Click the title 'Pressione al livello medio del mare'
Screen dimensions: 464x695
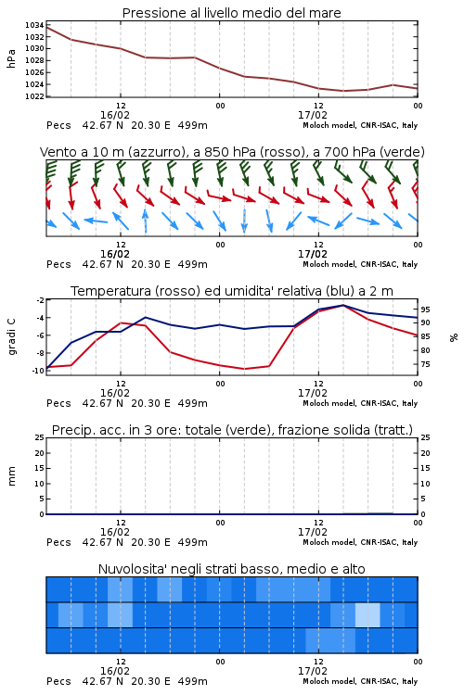(231, 13)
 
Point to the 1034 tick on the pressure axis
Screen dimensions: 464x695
(34, 25)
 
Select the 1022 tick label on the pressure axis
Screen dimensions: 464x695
(34, 96)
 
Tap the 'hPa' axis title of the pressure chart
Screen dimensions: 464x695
(11, 58)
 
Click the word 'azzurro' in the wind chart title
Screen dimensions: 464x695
(156, 152)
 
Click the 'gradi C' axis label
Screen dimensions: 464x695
(11, 336)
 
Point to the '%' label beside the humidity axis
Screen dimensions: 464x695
(454, 337)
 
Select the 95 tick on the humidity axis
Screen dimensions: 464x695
(425, 310)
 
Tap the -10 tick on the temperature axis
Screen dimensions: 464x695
(39, 371)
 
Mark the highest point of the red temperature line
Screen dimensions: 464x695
(342, 306)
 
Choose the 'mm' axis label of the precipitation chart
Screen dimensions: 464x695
(11, 475)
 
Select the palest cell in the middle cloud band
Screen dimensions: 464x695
(367, 614)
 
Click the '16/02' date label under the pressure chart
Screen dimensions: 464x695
(114, 115)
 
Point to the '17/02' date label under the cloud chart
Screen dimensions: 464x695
(313, 671)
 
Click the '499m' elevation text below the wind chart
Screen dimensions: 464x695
(193, 264)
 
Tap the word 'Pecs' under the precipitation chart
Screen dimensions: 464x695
(58, 542)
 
